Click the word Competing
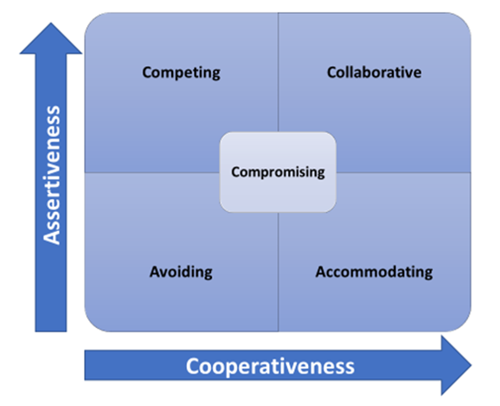pos(181,73)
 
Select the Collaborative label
pos(374,72)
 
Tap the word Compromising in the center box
pos(278,172)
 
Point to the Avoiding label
pos(181,272)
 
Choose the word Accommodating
pos(374,272)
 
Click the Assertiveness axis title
pos(52,175)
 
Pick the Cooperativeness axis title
pos(270,366)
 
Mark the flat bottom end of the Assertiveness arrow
pos(51,332)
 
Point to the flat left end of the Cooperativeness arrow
pos(85,365)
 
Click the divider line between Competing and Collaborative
pos(279,73)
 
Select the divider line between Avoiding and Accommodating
pos(279,272)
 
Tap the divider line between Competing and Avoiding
pos(152,172)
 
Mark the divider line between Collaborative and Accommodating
pos(403,172)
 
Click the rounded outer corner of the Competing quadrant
pos(92,20)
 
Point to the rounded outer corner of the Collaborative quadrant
pos(464,20)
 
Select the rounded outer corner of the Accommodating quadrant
pos(464,325)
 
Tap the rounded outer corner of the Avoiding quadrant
pos(92,325)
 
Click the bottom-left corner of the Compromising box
pos(223,209)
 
